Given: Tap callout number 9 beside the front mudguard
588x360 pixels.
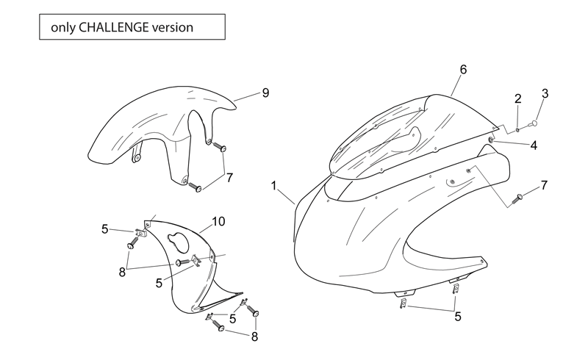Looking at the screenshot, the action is (x=265, y=93).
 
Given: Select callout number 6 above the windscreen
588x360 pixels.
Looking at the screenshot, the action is (x=463, y=69).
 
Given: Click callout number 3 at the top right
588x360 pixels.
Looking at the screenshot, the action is (x=545, y=93).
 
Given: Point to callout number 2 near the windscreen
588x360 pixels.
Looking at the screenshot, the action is (x=518, y=99).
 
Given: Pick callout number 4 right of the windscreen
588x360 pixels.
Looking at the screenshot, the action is (x=534, y=145).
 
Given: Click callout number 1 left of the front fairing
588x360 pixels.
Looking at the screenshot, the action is (x=273, y=186).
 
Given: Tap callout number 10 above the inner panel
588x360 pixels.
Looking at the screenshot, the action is (x=218, y=222).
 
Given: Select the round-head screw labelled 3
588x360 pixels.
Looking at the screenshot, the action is (x=533, y=123).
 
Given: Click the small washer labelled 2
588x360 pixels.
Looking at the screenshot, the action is (x=518, y=130).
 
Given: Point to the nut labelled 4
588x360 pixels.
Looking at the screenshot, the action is (x=490, y=140).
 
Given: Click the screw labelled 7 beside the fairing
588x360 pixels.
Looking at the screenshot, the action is (x=518, y=198).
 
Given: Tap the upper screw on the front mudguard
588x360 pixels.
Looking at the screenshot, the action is (x=219, y=146).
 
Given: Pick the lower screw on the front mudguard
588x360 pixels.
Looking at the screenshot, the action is (x=195, y=187).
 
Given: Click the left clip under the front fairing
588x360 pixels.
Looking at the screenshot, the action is (x=402, y=303).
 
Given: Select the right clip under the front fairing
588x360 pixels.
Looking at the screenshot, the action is (x=456, y=289).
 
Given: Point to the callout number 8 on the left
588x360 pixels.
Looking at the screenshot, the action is (x=122, y=273).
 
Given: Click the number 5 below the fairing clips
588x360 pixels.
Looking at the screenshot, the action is (x=457, y=317).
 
